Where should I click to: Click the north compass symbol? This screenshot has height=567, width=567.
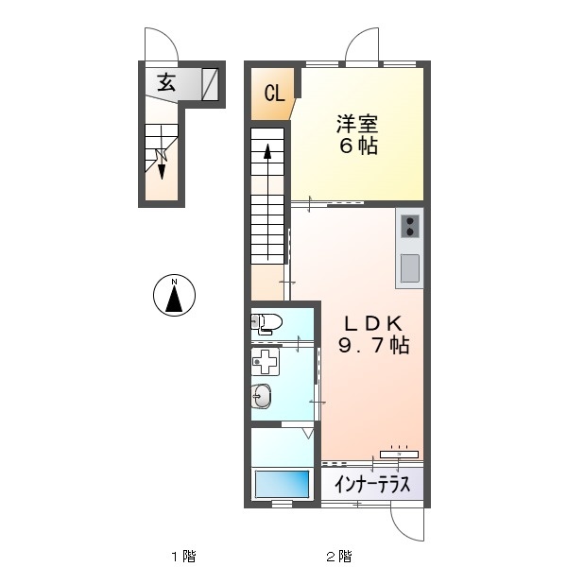(174, 295)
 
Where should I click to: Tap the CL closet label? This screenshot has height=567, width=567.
(274, 94)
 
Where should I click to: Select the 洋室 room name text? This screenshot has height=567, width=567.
(357, 124)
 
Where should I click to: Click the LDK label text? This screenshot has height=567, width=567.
(373, 323)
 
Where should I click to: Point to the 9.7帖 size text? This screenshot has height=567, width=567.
(373, 345)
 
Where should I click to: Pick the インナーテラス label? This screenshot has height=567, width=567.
(372, 485)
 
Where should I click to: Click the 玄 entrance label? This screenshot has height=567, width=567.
(166, 83)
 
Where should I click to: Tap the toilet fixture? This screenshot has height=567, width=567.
(266, 322)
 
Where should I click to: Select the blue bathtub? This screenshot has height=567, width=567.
(283, 484)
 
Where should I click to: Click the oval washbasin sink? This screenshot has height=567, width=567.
(262, 396)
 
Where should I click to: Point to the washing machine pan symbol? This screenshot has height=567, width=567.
(266, 362)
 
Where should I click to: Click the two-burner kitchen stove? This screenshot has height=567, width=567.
(410, 227)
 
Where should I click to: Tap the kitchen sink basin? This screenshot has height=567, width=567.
(410, 268)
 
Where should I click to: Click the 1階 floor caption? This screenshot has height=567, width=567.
(183, 557)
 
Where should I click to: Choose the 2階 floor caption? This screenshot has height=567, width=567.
(338, 557)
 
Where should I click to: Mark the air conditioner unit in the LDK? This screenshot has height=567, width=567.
(399, 455)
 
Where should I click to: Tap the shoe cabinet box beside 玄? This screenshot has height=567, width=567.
(210, 84)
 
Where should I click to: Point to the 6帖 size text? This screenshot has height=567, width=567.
(358, 146)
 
